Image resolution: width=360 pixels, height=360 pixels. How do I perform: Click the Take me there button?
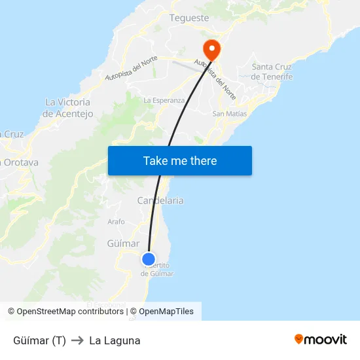(179, 160)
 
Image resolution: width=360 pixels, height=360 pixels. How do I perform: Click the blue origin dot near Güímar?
(149, 259)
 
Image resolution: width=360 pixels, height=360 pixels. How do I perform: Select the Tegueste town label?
(189, 18)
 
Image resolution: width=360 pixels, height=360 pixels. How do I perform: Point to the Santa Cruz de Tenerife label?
(272, 71)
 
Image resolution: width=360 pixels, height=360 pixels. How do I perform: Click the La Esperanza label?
(164, 100)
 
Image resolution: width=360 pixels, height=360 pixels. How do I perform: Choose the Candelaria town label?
(160, 200)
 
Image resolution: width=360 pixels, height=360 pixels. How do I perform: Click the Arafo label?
(116, 221)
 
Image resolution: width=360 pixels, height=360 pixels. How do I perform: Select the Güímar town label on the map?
(123, 243)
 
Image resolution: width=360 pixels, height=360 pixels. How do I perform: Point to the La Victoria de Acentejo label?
(68, 108)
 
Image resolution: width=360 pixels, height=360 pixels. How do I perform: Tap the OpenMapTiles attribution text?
(166, 312)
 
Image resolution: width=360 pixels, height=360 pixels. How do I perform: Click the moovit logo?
(321, 339)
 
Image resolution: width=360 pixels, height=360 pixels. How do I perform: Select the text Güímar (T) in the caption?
(39, 340)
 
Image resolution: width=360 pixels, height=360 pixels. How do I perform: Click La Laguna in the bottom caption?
(115, 340)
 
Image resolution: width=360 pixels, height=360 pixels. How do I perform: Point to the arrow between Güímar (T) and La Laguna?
(77, 340)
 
